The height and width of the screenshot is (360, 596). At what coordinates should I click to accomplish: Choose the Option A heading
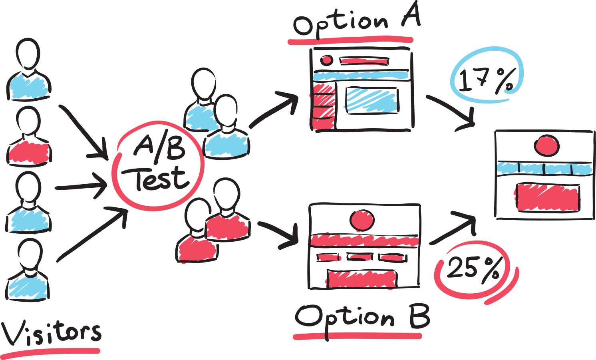point(355,22)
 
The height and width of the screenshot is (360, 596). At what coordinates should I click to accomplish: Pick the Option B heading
point(361,317)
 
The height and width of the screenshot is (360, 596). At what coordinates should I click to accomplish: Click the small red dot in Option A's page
point(326,60)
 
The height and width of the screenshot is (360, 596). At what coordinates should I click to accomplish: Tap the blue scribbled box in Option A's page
point(372,100)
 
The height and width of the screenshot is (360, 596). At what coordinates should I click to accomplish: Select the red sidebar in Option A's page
point(324,106)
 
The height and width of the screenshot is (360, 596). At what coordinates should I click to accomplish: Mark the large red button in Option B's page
point(362,279)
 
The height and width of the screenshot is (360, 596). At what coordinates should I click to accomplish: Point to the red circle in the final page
point(546,146)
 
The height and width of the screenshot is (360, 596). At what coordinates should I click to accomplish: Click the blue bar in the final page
point(544,168)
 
